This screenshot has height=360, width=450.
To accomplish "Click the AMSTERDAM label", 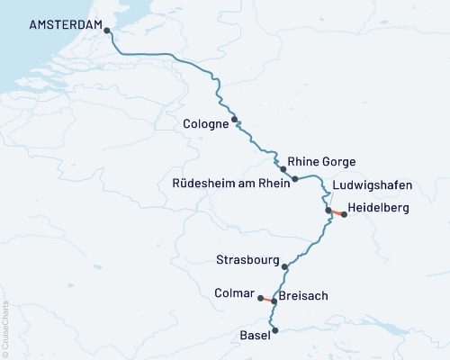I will pyautogui.click(x=66, y=25).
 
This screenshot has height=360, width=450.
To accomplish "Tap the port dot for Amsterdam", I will pyautogui.click(x=107, y=31).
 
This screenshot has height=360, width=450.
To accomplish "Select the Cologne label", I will pyautogui.click(x=204, y=124).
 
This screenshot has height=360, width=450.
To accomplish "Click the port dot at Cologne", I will pyautogui.click(x=235, y=119).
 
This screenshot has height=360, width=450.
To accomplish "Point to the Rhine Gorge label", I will pyautogui.click(x=321, y=162).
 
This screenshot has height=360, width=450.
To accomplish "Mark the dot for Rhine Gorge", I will pyautogui.click(x=283, y=169).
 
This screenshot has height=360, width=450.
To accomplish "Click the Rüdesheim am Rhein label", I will pyautogui.click(x=230, y=184).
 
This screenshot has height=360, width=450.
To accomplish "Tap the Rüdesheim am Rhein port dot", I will pyautogui.click(x=295, y=179).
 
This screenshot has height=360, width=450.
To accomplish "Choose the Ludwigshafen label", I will pyautogui.click(x=372, y=185).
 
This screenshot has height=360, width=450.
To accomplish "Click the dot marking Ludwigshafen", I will pyautogui.click(x=328, y=211).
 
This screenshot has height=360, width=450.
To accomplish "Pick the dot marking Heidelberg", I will pyautogui.click(x=344, y=214).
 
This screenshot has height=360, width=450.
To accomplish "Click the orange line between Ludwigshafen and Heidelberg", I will pyautogui.click(x=337, y=212).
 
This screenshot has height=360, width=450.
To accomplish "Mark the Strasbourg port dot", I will pyautogui.click(x=284, y=266).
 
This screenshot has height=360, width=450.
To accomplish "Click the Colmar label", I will pyautogui.click(x=236, y=292).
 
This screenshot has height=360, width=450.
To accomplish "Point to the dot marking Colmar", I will pyautogui.click(x=260, y=298).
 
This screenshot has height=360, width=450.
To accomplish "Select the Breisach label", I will pyautogui.click(x=303, y=295).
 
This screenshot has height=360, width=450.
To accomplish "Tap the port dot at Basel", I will pyautogui.click(x=275, y=330).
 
